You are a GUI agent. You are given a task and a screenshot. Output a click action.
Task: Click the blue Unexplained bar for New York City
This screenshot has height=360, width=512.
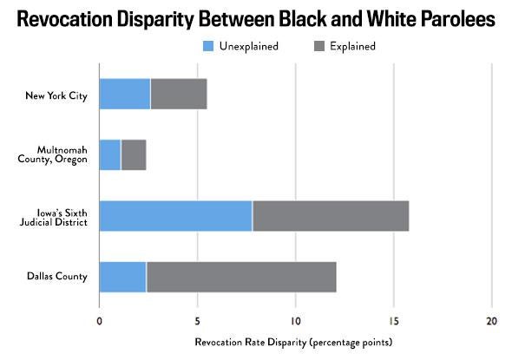pos(125,94)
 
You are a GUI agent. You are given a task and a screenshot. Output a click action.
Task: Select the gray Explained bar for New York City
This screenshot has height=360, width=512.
pos(179,94)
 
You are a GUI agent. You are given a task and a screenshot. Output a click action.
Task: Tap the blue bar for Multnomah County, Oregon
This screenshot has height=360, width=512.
pos(110,154)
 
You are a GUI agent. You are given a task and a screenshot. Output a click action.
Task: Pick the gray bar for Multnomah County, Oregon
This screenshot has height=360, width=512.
pos(134,154)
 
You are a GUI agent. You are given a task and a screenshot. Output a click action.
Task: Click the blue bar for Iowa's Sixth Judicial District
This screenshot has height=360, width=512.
pos(175,215)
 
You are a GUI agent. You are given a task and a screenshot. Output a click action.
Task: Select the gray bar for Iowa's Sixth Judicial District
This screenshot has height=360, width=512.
pos(331,215)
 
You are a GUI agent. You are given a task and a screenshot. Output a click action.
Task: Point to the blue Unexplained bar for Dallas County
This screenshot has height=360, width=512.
pos(122,277)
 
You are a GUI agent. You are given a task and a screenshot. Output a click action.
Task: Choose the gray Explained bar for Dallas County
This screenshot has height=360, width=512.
pos(241,277)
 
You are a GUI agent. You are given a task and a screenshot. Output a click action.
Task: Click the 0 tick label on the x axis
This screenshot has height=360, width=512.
pos(100,319)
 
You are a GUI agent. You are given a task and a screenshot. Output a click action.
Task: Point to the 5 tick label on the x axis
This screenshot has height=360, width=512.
pos(198,319)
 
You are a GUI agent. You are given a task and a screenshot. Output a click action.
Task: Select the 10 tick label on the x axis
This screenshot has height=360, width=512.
pos(296,319)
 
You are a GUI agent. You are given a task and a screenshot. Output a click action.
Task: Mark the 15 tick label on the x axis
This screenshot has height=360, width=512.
pos(394,319)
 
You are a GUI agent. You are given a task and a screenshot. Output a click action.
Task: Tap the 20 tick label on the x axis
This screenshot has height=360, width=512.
pos(491,319)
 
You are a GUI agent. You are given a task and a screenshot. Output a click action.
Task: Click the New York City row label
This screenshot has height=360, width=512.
pos(56,94)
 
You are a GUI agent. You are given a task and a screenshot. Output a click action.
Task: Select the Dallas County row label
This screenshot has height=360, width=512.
pos(57,277)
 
